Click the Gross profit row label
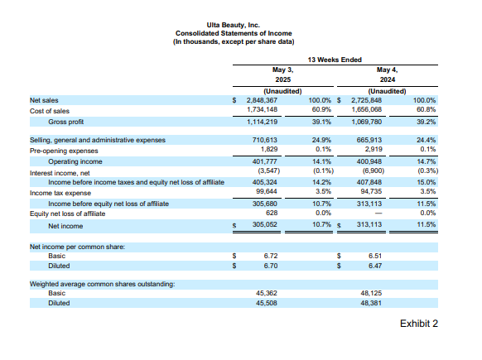click(x=68, y=120)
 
